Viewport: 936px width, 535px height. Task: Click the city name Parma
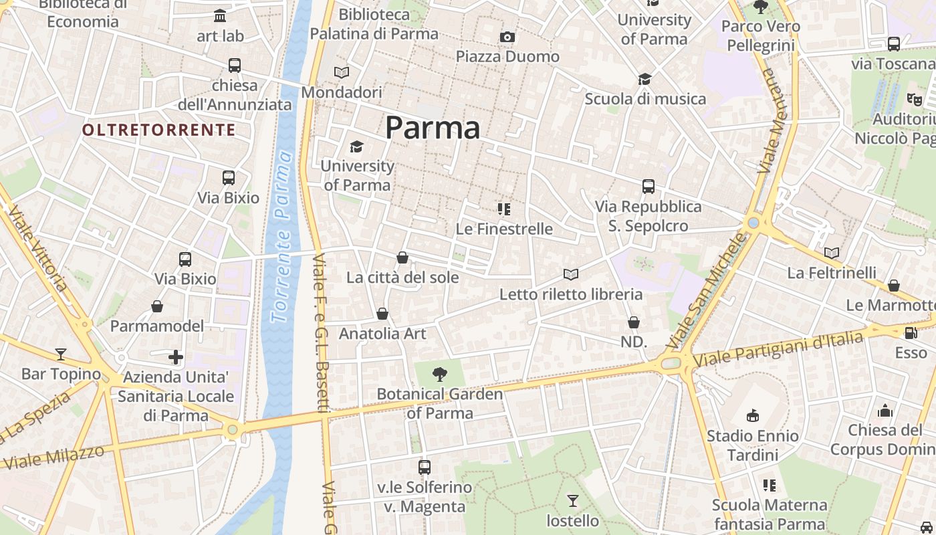tap(433, 127)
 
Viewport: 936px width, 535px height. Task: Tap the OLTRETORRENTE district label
tap(159, 130)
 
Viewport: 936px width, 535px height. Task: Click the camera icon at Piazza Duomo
tap(507, 37)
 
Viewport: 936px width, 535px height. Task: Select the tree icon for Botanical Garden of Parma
tap(440, 374)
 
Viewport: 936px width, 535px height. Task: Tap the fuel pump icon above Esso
tap(911, 332)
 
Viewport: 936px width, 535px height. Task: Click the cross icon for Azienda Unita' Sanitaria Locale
tap(176, 357)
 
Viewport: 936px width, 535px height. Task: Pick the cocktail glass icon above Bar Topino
tap(61, 354)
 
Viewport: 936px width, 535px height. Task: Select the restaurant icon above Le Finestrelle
tap(504, 209)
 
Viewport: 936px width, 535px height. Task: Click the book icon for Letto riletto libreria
tap(570, 274)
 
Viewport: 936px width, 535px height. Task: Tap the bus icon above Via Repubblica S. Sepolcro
tap(648, 187)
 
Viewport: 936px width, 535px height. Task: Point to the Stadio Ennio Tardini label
tap(753, 445)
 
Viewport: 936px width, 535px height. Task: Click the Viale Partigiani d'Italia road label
tap(779, 350)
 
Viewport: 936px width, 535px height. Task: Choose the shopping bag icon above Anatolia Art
tap(382, 314)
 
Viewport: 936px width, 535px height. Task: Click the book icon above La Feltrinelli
tap(832, 253)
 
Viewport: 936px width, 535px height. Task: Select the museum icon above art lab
tap(220, 15)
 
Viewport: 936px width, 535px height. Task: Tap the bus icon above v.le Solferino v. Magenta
tap(425, 467)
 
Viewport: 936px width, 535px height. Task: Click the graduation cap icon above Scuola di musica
tap(645, 80)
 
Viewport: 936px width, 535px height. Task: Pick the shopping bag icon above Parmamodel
tap(157, 306)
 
